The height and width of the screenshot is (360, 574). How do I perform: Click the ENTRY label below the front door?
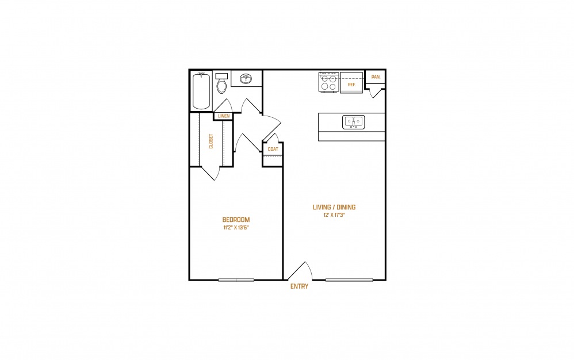coord(299,286)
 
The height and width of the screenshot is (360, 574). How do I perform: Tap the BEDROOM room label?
coord(236,220)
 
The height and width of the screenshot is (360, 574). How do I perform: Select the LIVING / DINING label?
coord(334,207)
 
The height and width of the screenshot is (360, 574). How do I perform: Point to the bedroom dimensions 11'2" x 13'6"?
coord(236,228)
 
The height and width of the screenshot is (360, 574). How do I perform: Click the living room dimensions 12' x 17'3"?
coord(334,215)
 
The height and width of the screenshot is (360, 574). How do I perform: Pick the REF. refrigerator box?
coord(351,82)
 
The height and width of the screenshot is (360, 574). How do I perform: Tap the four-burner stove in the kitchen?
coord(329,82)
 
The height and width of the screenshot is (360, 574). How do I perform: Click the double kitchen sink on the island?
coord(353,122)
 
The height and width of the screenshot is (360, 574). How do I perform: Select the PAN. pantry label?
coord(376,77)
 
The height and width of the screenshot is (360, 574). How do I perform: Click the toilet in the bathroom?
coord(221,83)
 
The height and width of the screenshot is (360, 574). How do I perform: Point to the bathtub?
coord(201,91)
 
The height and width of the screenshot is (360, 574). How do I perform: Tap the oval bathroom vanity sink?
coord(246,78)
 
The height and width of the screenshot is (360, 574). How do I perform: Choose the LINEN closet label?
coord(224,116)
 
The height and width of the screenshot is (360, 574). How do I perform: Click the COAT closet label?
coord(273,150)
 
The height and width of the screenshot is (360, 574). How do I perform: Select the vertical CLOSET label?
coord(211,141)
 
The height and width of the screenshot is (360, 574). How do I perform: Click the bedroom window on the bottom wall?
coord(236,280)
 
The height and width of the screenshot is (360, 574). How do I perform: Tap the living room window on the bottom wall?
coord(349,280)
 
